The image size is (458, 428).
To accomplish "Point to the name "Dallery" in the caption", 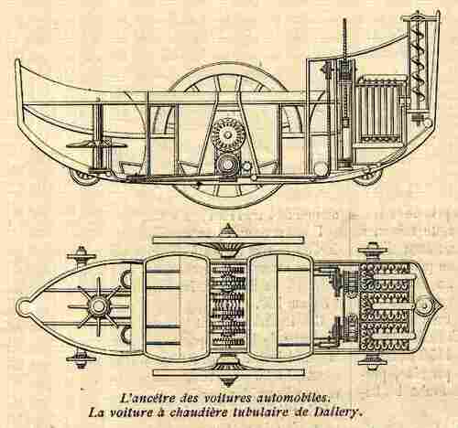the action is pyautogui.click(x=339, y=413).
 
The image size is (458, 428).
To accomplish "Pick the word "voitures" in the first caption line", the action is pyautogui.click(x=226, y=398).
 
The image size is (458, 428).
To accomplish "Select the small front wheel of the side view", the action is pyautogui.click(x=367, y=177).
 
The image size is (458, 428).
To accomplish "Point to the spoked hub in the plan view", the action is pyautogui.click(x=98, y=305).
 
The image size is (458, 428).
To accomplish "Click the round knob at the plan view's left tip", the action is pyautogui.click(x=23, y=305).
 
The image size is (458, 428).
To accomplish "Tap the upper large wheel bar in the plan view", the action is pyautogui.click(x=228, y=240).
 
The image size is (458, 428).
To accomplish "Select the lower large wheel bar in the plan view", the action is pyautogui.click(x=228, y=372).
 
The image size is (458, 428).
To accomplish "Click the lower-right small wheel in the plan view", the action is pyautogui.click(x=373, y=360).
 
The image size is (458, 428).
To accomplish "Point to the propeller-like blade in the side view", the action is pyautogui.click(x=91, y=144).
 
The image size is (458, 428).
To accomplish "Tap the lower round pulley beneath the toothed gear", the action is pyautogui.click(x=228, y=165).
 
